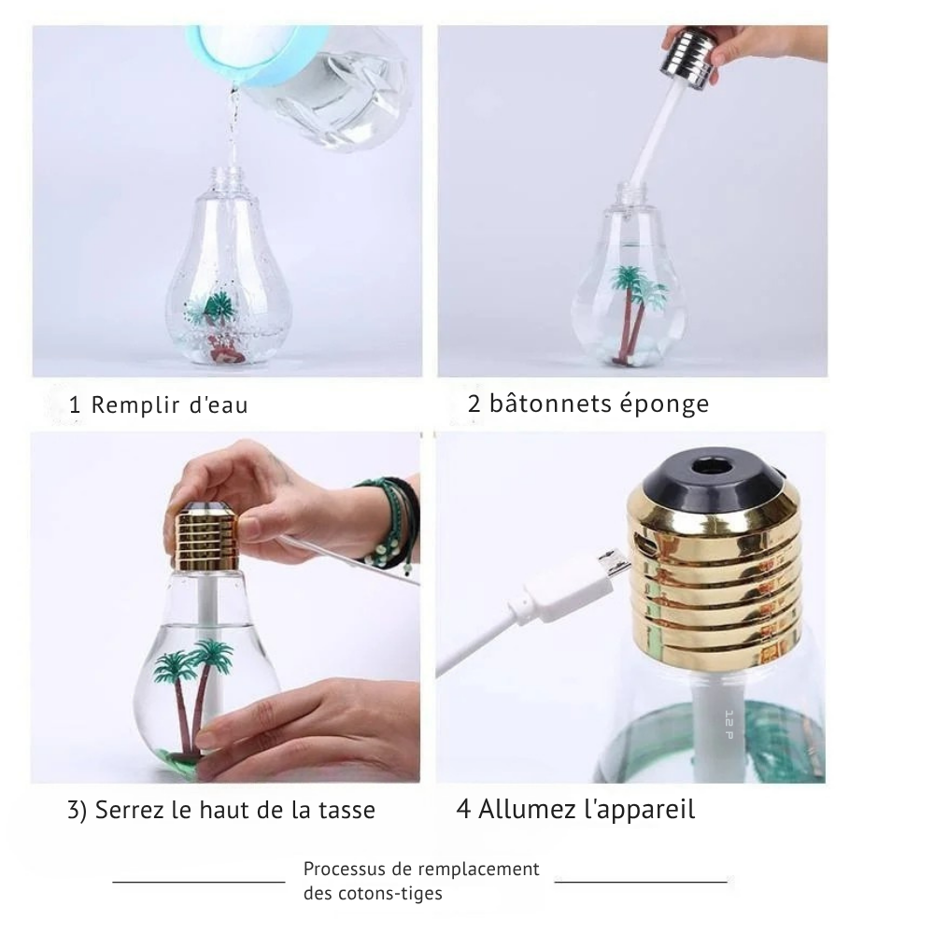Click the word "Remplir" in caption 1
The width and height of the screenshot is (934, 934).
[135, 405]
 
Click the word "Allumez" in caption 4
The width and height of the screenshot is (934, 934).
[524, 810]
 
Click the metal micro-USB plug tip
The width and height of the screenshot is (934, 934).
[614, 564]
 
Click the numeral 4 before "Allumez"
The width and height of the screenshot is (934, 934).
[463, 810]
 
